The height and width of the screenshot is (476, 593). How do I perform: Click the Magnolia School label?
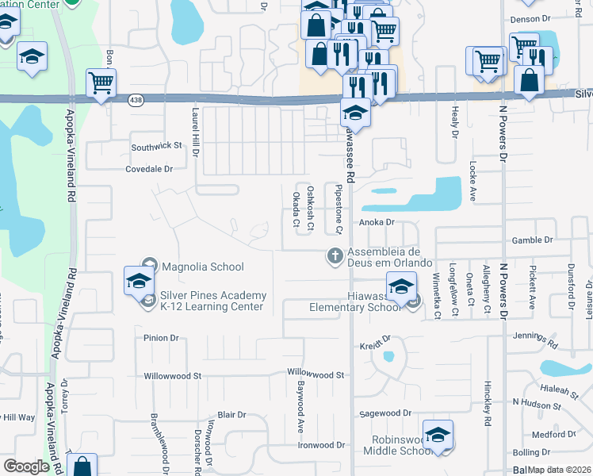click(x=202, y=267)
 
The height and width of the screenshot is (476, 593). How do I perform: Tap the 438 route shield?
click(x=136, y=99)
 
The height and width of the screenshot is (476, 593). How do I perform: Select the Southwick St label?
click(x=156, y=147)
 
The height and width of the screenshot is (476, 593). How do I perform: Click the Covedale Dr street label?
click(x=149, y=169)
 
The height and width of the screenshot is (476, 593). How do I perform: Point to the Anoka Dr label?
click(x=377, y=224)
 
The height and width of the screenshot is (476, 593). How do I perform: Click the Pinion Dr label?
click(x=161, y=338)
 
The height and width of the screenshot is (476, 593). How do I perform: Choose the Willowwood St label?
click(x=316, y=373)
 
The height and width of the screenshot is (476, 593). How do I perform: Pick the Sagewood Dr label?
click(x=385, y=413)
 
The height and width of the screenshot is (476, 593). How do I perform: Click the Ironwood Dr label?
click(x=322, y=445)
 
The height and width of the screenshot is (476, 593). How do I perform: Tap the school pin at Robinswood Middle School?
click(x=437, y=434)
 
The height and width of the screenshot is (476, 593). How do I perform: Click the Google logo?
click(x=26, y=466)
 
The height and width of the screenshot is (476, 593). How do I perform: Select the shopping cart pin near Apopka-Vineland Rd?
click(x=101, y=82)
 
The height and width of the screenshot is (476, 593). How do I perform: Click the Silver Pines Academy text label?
click(x=213, y=295)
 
